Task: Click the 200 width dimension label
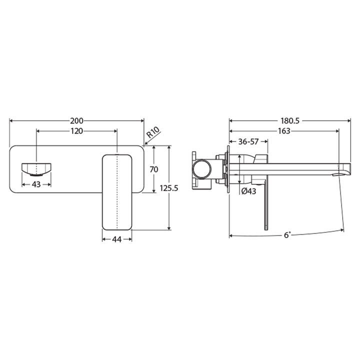click(x=76, y=121)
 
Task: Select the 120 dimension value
click(x=76, y=130)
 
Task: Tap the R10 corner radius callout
click(x=153, y=134)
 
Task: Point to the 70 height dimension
click(x=154, y=169)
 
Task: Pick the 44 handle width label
click(x=117, y=239)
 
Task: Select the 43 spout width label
click(x=36, y=184)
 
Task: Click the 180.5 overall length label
click(x=290, y=121)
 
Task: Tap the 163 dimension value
click(x=283, y=130)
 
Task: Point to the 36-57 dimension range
click(x=248, y=141)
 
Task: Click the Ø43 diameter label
click(x=248, y=191)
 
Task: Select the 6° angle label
click(x=287, y=235)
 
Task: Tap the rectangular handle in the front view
click(x=117, y=192)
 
